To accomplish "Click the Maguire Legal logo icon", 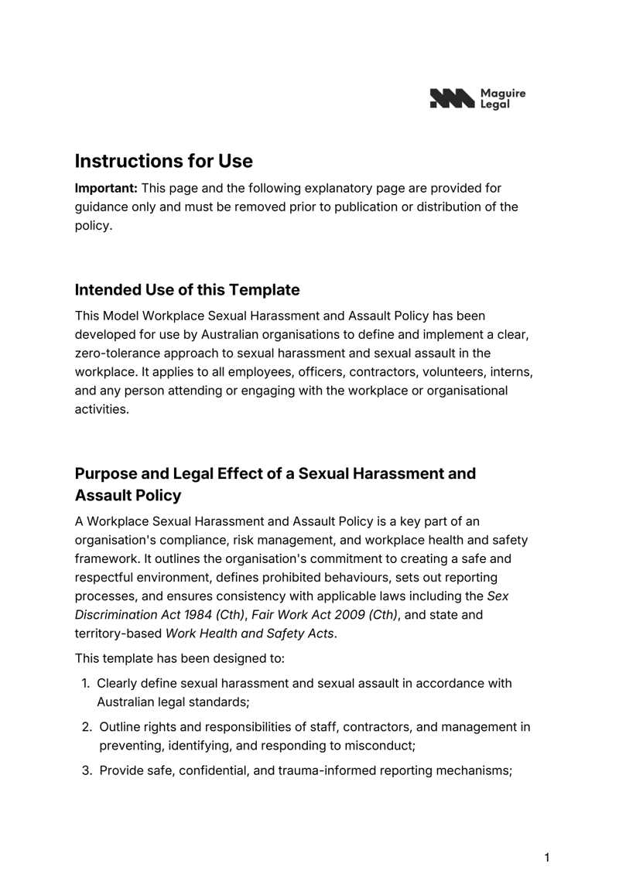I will [x=450, y=98].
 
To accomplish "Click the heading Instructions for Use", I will [x=163, y=161].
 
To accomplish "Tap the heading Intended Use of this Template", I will [x=186, y=290].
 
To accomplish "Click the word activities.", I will [x=101, y=409].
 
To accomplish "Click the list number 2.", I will [x=87, y=727].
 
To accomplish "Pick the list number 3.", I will [x=87, y=770].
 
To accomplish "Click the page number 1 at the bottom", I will [x=547, y=857].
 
